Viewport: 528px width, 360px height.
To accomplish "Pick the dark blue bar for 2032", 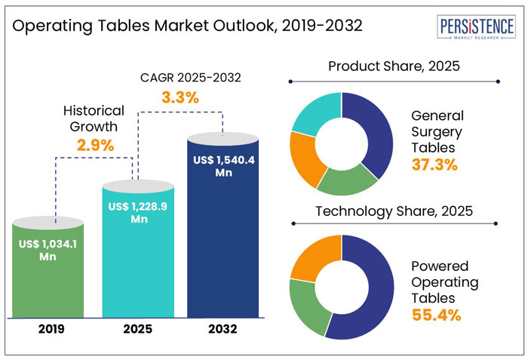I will (223, 242).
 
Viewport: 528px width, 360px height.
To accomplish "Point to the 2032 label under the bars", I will (223, 329).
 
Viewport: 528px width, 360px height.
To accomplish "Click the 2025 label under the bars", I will (137, 329).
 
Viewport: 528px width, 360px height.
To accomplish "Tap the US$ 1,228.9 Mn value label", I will (137, 213).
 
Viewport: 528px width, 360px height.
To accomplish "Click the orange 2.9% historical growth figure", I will (94, 145).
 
